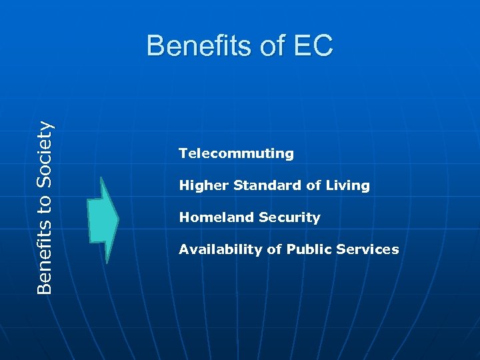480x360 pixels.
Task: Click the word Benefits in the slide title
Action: [x=194, y=47]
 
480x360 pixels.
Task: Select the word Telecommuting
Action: [x=236, y=153]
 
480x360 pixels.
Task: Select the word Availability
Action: [x=220, y=249]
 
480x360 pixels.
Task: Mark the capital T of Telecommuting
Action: [x=183, y=153]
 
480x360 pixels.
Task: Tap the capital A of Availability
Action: [x=183, y=249]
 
